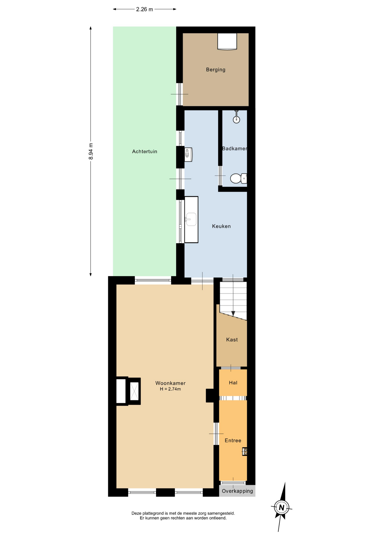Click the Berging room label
[215, 70]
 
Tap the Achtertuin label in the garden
[144, 152]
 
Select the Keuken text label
[221, 226]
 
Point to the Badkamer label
[235, 149]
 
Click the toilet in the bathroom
[238, 178]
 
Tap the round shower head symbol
[237, 120]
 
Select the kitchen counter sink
[191, 219]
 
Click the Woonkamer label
[170, 383]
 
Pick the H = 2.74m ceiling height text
[170, 389]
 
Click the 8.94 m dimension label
[91, 151]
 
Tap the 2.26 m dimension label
[144, 9]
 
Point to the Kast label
[232, 340]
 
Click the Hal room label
[233, 383]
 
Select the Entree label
[233, 440]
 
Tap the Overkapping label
[237, 491]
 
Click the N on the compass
[281, 508]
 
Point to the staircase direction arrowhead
[233, 313]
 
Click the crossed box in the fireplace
[134, 391]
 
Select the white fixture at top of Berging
[227, 42]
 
